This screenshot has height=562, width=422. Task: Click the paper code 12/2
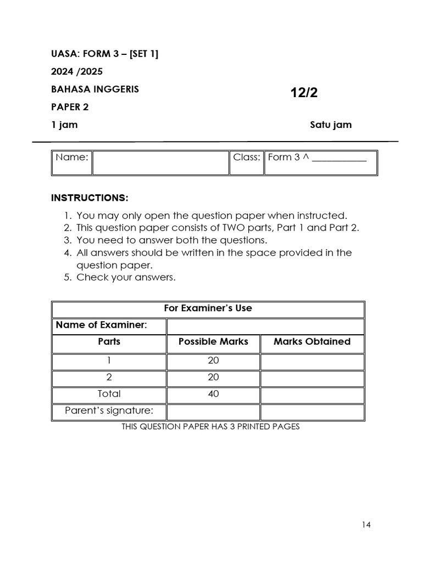click(x=304, y=93)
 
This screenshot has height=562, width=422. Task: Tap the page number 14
click(x=367, y=525)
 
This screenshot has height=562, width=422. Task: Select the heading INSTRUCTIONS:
click(x=90, y=198)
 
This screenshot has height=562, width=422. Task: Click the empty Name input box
click(x=160, y=162)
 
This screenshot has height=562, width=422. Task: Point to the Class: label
click(x=246, y=158)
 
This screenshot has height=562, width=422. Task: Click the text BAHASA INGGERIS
click(x=95, y=89)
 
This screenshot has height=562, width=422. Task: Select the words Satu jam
click(x=330, y=125)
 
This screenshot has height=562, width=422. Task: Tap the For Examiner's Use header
click(x=208, y=308)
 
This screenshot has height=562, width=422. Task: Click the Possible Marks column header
click(x=213, y=341)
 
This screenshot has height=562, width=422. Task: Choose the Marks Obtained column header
click(x=312, y=341)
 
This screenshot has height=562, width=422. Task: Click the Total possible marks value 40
click(x=213, y=394)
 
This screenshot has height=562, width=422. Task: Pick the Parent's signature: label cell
click(x=109, y=411)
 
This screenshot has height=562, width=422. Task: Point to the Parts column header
click(x=109, y=341)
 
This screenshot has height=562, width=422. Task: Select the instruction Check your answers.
click(x=126, y=277)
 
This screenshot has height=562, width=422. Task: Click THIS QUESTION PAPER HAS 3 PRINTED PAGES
click(x=210, y=426)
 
